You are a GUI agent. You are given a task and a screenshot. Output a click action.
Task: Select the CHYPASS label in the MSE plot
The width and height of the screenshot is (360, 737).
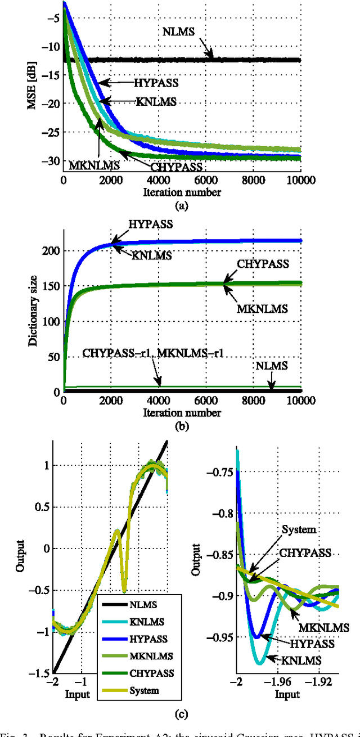point(175,167)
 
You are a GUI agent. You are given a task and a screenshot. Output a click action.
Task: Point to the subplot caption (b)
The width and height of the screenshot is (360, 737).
point(181,426)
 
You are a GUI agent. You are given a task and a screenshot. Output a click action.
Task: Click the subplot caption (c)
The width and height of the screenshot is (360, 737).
point(181,715)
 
